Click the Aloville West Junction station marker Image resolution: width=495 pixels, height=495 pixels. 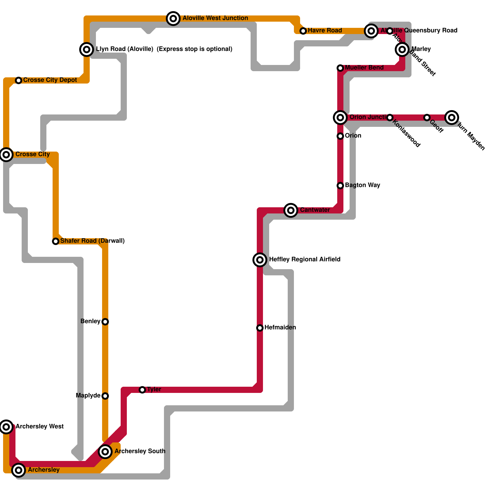[x=173, y=19]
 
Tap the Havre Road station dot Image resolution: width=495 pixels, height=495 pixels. [x=303, y=31]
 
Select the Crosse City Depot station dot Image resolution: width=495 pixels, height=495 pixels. [x=19, y=80]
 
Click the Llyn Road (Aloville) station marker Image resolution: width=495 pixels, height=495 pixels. [x=87, y=49]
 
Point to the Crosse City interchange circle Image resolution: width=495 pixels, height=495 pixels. [x=6, y=154]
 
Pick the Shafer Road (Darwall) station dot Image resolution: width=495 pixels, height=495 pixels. [x=56, y=241]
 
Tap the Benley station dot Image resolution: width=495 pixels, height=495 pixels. [x=105, y=322]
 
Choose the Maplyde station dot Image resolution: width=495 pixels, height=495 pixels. [x=105, y=396]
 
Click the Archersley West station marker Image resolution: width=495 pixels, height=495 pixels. [x=6, y=427]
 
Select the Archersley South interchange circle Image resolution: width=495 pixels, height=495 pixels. [x=105, y=452]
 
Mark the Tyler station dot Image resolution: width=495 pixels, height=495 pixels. [x=142, y=390]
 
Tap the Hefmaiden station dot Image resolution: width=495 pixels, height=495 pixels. [x=260, y=328]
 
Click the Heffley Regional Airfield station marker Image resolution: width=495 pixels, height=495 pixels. [x=260, y=260]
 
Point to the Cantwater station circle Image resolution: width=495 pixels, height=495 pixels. [x=291, y=210]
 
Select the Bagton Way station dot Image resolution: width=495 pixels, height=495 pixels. [x=340, y=186]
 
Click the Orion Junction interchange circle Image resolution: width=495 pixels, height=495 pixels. [x=340, y=118]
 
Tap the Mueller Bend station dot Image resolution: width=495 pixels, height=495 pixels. [x=340, y=68]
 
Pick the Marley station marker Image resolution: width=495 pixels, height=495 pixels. [x=402, y=49]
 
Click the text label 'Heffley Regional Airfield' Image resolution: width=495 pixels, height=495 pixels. [x=305, y=260]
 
